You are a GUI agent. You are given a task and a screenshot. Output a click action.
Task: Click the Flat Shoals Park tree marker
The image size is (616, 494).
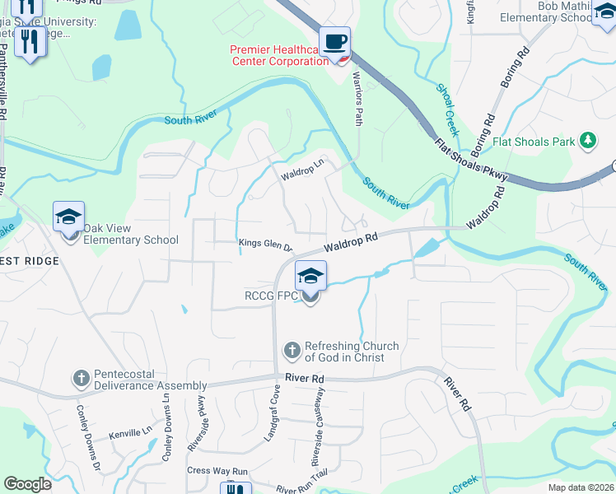click(588, 142)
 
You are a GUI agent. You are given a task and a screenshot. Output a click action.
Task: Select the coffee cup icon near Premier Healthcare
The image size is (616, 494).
click(334, 43)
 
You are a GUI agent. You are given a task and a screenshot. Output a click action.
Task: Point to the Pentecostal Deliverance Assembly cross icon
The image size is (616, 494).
click(81, 379)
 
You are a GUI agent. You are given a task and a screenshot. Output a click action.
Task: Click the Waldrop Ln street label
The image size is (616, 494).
click(303, 175)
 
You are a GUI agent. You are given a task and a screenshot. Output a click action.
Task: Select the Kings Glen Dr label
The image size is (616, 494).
click(265, 245)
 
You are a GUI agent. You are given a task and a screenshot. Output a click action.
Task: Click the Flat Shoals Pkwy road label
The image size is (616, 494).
click(473, 161)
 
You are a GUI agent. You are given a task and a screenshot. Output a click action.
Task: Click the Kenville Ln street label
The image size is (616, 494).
click(131, 431)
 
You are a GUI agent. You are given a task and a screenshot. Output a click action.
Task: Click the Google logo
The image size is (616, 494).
click(28, 484)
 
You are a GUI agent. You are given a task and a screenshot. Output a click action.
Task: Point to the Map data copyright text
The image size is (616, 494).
click(580, 487)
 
